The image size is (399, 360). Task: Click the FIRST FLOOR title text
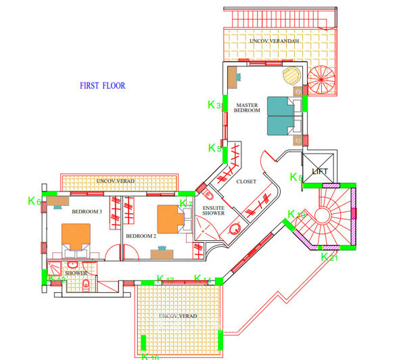click(x=103, y=86)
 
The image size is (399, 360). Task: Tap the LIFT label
click(x=320, y=172)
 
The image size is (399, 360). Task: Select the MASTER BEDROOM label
click(x=248, y=108)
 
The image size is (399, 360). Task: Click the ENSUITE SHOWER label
click(x=214, y=210)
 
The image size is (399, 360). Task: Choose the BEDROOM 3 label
click(x=87, y=212)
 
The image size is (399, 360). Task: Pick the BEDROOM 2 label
click(x=141, y=235)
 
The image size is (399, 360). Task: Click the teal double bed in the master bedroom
click(x=280, y=116)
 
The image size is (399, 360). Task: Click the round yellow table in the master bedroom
click(x=291, y=73)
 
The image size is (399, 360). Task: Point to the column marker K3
click(x=214, y=105)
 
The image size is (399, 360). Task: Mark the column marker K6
click(x=34, y=201)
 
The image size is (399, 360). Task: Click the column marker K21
click(x=328, y=257)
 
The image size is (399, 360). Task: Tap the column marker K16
click(x=150, y=355)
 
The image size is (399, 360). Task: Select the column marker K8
click(x=296, y=177)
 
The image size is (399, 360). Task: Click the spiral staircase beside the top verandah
click(x=323, y=80)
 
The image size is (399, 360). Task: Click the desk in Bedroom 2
click(x=160, y=254)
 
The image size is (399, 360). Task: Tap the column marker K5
click(x=214, y=148)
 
